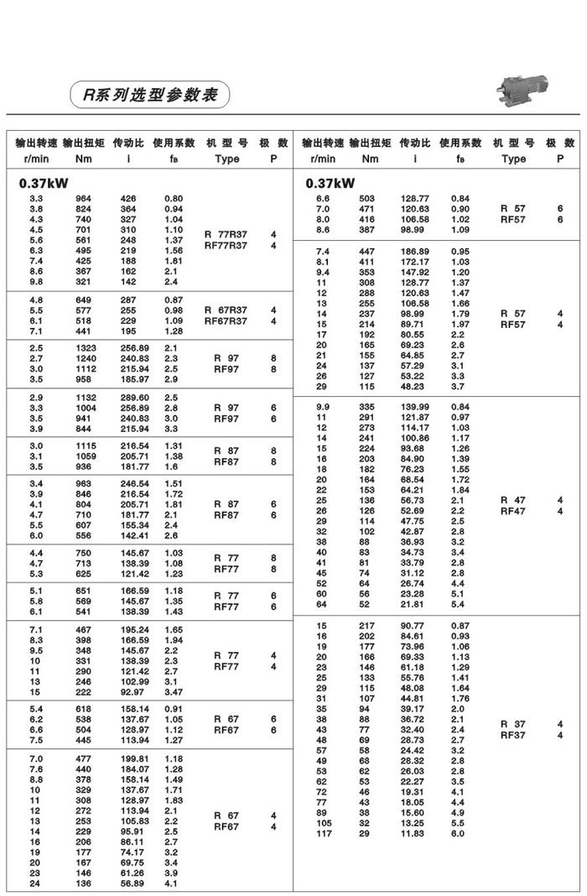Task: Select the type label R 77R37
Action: point(226,235)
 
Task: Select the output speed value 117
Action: point(323,833)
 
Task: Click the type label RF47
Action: point(513,511)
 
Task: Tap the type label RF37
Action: point(513,735)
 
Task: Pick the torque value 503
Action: point(366,199)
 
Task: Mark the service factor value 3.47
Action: point(174,692)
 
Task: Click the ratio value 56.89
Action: point(132,883)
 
